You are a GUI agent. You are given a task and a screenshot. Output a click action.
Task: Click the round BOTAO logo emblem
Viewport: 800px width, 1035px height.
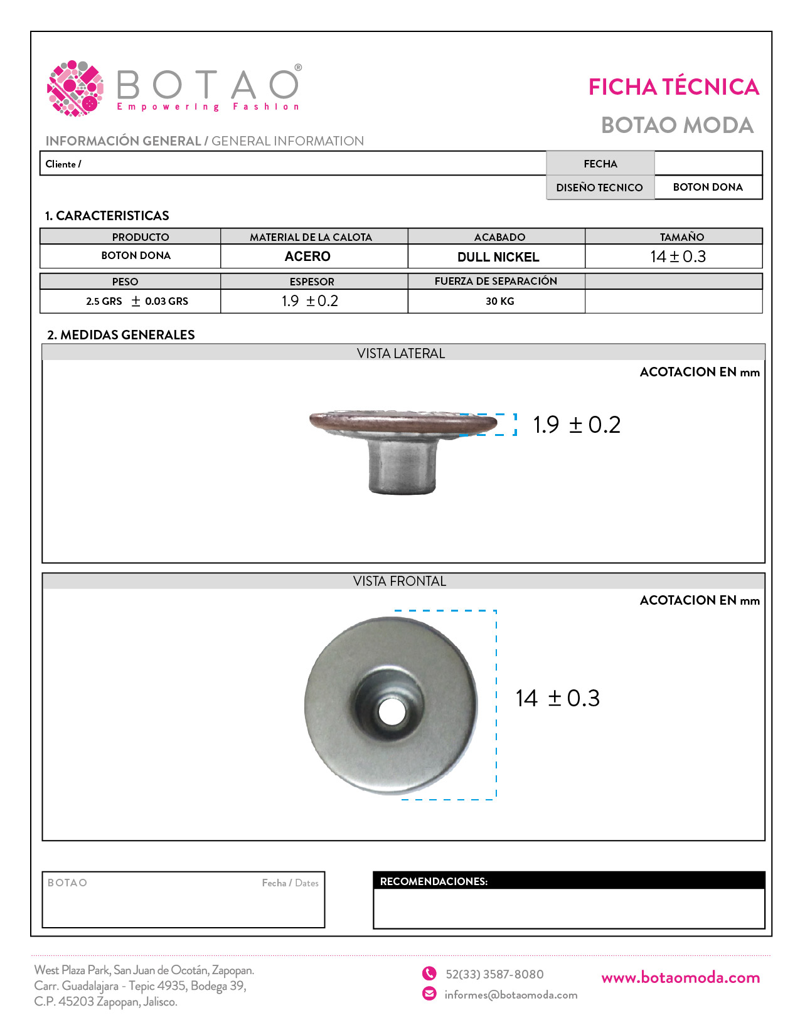[x=75, y=88]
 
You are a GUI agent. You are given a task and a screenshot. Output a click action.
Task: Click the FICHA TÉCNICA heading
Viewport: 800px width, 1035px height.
[x=673, y=87]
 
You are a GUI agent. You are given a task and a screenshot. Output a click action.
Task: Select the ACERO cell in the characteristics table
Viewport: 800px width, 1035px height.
[x=307, y=257]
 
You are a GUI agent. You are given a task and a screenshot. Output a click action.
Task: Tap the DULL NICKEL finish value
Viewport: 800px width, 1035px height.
[x=498, y=257]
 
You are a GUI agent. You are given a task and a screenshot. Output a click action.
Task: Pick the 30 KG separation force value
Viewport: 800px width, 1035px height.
[x=499, y=301]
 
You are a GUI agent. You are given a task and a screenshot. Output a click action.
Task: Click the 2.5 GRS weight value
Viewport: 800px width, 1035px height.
[x=104, y=301]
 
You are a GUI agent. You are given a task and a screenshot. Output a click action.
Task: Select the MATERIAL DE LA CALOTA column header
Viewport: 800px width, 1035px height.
[x=311, y=237]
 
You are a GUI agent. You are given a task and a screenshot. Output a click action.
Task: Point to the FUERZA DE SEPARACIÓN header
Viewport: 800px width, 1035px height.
[x=496, y=281]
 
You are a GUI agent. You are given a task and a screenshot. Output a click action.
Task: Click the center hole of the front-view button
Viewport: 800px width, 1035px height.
[x=392, y=711]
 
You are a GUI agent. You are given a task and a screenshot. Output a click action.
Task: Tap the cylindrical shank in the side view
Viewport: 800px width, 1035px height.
[x=401, y=467]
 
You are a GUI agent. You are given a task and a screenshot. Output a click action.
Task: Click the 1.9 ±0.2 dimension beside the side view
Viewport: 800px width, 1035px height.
[x=577, y=425]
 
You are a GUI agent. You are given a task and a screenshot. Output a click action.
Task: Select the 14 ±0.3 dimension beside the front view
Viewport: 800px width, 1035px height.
[x=557, y=698]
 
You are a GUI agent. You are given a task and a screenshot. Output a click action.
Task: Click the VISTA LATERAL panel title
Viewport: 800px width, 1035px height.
[x=401, y=353]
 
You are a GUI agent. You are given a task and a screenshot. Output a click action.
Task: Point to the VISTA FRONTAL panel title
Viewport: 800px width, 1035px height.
[x=400, y=581]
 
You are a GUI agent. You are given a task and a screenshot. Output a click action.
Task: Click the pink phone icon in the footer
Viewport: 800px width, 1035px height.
[x=429, y=973]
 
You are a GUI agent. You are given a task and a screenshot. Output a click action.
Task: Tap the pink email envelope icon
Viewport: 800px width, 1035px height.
[x=429, y=994]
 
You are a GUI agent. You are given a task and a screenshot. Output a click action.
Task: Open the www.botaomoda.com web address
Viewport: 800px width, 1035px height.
[x=680, y=977]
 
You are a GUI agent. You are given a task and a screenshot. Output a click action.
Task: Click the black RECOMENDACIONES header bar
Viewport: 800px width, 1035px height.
[x=568, y=881]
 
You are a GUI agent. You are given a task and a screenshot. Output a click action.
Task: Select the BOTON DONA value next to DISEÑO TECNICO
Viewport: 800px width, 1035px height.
[x=708, y=187]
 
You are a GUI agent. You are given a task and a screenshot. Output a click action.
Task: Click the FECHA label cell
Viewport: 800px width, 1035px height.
[x=600, y=164]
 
